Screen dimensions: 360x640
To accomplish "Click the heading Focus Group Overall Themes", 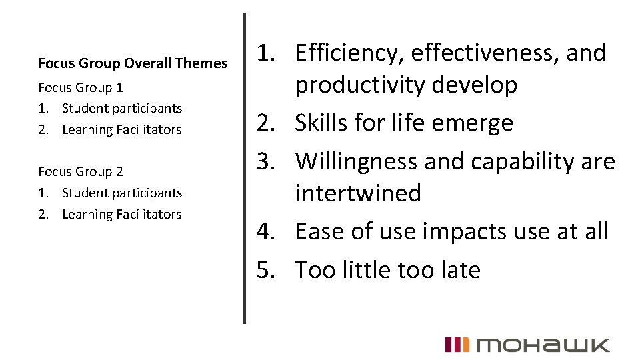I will coord(133,63).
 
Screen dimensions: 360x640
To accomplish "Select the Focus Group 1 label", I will coord(81,87).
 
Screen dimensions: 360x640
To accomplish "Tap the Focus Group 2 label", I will coord(81,171).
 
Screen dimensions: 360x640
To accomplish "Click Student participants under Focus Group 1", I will coord(122,108).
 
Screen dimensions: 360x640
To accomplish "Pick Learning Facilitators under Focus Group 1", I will coord(121,129).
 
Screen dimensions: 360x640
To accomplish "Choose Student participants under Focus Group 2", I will coord(122,193).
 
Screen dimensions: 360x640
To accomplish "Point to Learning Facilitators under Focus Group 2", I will coord(121,214).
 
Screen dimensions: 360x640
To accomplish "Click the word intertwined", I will coord(358,193).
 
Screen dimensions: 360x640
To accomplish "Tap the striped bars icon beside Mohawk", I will coord(457,345).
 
